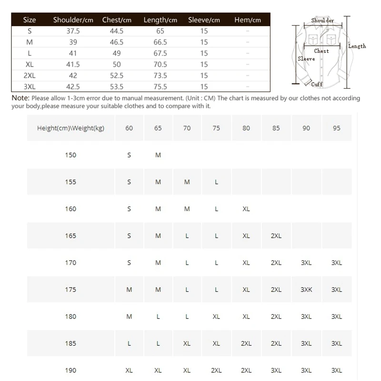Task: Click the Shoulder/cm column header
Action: [73, 20]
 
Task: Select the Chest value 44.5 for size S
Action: [117, 31]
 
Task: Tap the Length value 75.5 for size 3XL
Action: [160, 87]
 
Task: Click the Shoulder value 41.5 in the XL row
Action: [73, 64]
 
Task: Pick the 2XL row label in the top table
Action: [30, 75]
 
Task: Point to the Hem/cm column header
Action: [248, 20]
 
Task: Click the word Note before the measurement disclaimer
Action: [20, 98]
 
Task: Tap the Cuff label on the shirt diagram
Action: [317, 84]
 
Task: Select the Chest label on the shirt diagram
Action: [321, 51]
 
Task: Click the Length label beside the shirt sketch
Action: [357, 46]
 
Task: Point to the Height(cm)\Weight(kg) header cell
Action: [70, 128]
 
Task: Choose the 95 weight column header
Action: [337, 128]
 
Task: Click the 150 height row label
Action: [70, 155]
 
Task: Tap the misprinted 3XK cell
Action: [306, 290]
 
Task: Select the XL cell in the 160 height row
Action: [246, 209]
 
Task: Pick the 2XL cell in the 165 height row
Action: [276, 236]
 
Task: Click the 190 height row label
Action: [70, 371]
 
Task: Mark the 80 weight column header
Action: [246, 128]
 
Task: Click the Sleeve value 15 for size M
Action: [204, 42]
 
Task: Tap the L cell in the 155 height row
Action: [216, 182]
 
